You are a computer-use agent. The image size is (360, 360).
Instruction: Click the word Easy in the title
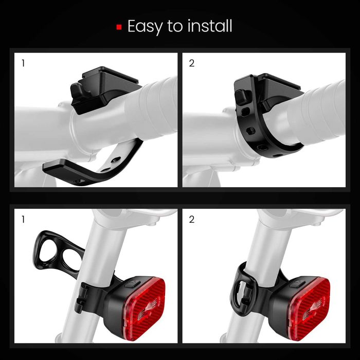click(146, 26)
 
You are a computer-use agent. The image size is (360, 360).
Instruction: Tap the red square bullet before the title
click(119, 26)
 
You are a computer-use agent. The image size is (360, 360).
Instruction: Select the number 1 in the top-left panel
click(23, 64)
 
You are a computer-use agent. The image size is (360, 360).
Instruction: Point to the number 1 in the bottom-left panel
click(23, 220)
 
